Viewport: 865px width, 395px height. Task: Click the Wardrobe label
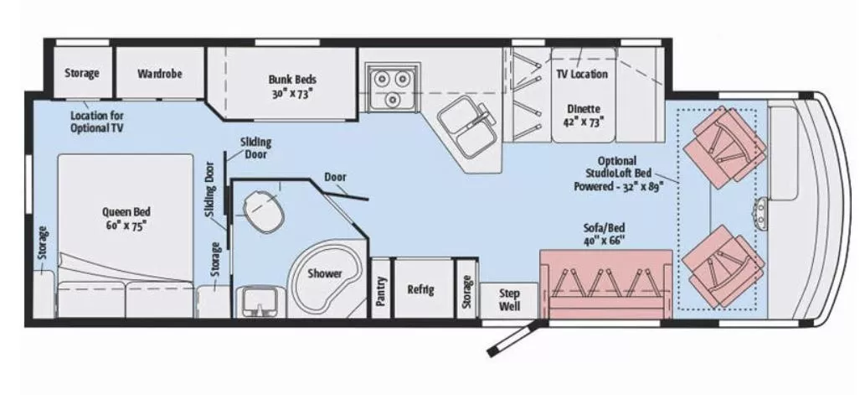(159, 73)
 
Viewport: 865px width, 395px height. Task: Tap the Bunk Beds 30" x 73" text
(292, 86)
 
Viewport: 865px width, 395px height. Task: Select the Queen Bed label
(121, 219)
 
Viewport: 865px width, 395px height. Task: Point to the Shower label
(324, 273)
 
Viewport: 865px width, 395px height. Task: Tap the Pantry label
(381, 289)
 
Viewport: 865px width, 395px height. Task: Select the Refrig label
(420, 289)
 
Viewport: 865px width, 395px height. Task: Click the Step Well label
(509, 299)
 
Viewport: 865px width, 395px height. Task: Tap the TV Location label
(582, 74)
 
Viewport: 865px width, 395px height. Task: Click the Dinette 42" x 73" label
(583, 115)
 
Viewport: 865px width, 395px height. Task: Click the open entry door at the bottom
(507, 335)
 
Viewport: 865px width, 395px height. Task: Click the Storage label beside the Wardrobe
(82, 73)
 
